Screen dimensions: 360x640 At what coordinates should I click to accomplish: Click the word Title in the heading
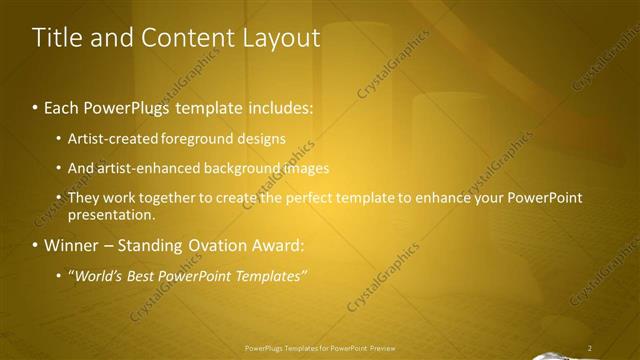[x=58, y=38]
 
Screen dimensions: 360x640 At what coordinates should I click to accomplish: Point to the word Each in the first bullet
[x=63, y=106]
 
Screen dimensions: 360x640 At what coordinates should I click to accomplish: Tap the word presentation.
[x=111, y=214]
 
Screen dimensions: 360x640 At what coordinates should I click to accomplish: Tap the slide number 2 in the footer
[x=590, y=348]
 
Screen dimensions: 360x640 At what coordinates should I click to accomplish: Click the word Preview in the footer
[x=383, y=348]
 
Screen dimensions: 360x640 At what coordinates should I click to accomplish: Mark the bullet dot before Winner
[x=36, y=245]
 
